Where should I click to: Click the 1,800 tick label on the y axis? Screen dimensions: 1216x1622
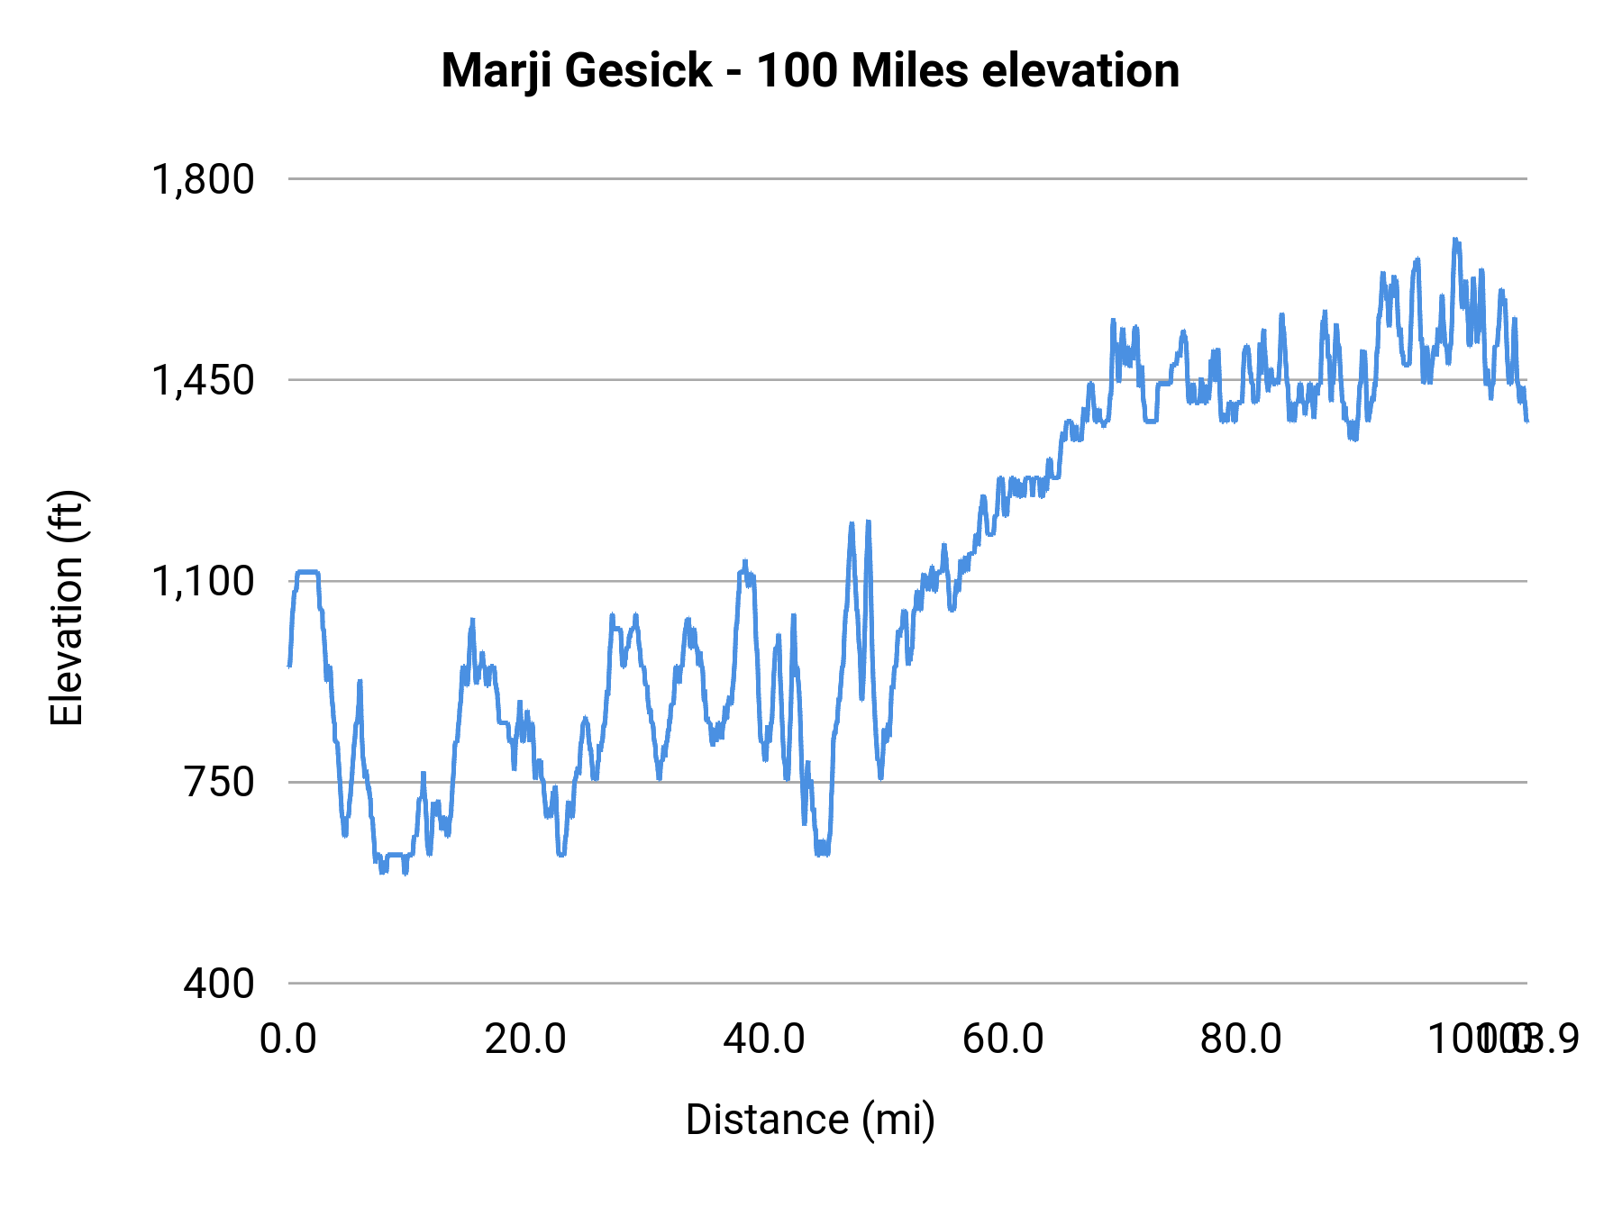pos(203,179)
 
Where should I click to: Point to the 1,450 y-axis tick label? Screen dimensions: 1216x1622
pos(203,380)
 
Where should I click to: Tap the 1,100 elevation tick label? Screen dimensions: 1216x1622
pos(203,581)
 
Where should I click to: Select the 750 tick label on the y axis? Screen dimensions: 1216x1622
pos(219,782)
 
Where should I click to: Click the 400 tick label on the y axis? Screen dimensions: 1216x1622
pos(219,983)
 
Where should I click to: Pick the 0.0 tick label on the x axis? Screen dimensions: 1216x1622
pos(288,1039)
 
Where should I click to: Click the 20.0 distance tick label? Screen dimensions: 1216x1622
pos(525,1039)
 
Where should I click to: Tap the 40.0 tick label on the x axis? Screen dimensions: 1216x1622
pos(764,1039)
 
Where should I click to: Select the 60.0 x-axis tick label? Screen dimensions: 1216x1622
pos(1003,1039)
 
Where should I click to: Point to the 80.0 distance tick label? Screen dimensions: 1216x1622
pos(1241,1039)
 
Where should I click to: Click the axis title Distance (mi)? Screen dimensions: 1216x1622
pos(810,1120)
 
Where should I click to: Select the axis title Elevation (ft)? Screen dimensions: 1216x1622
pos(67,608)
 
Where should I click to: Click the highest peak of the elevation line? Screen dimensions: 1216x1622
pos(1454,240)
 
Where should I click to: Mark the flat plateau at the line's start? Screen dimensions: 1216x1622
pos(307,572)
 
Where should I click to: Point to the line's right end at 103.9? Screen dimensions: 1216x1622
pos(1526,421)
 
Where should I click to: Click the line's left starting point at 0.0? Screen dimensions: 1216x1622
pos(289,666)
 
